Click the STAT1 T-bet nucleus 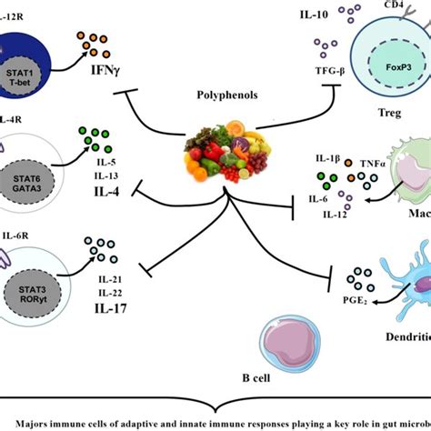coord(25,45)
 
